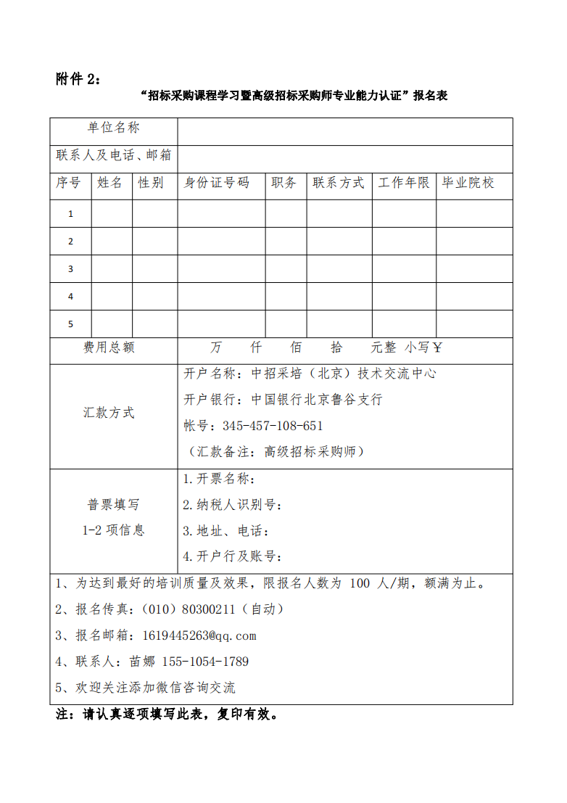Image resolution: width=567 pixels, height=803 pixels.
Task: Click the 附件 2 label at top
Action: pyautogui.click(x=79, y=79)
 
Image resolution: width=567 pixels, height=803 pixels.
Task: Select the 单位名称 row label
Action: pyautogui.click(x=113, y=128)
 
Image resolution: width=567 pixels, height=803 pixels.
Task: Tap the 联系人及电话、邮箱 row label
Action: pyautogui.click(x=113, y=155)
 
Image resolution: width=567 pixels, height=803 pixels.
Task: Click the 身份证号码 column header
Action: pyautogui.click(x=216, y=183)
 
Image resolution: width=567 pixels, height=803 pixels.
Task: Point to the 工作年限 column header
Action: pyautogui.click(x=403, y=183)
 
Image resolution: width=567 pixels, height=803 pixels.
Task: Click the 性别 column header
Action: pyautogui.click(x=151, y=183)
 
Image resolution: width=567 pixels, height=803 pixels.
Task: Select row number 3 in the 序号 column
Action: pyautogui.click(x=70, y=269)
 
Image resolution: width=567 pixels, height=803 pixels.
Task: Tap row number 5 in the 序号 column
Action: pyautogui.click(x=70, y=324)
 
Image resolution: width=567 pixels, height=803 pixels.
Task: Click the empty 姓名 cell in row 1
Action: pyautogui.click(x=112, y=213)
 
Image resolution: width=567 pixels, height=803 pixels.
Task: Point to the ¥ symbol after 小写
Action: pyautogui.click(x=437, y=347)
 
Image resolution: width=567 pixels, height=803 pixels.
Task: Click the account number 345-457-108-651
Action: pyautogui.click(x=273, y=426)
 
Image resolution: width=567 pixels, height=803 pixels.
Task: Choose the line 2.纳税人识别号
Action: pyautogui.click(x=232, y=505)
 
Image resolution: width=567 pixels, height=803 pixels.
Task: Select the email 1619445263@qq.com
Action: pyautogui.click(x=199, y=635)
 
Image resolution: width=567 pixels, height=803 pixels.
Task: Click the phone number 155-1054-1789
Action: pyautogui.click(x=205, y=662)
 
